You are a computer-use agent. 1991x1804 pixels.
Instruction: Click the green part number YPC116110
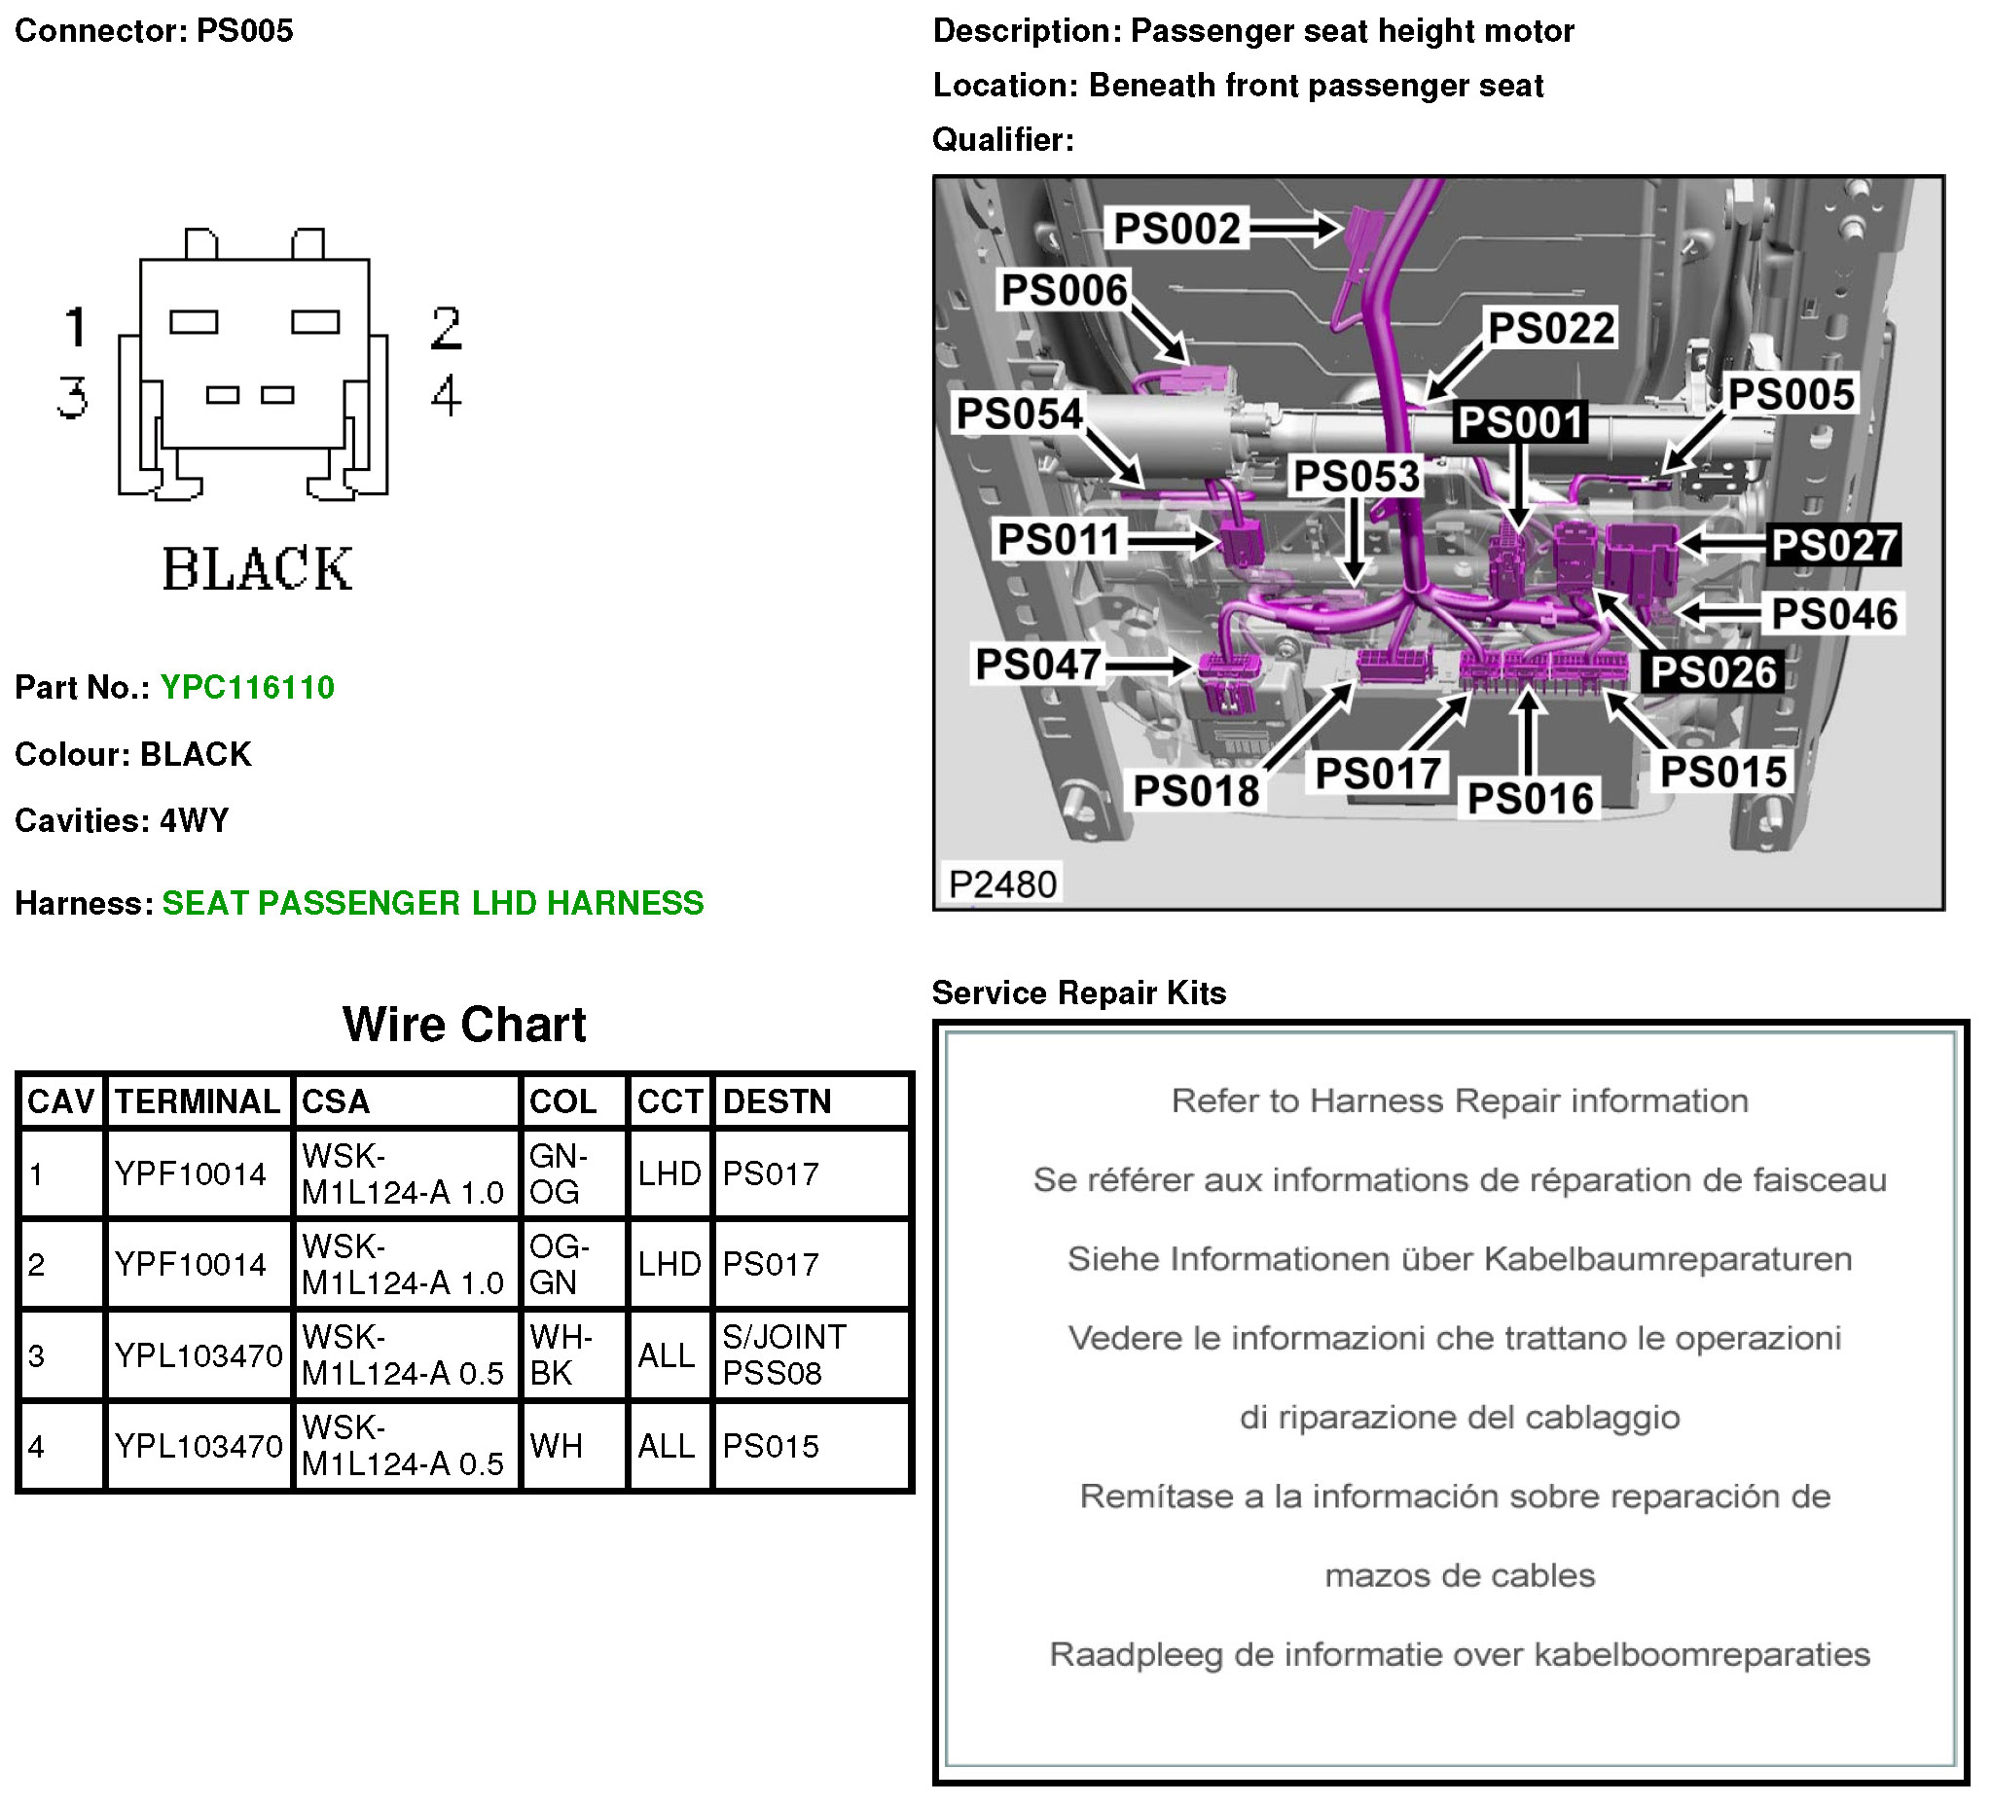click(x=247, y=687)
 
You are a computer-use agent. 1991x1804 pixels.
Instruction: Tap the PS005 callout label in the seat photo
click(x=1791, y=394)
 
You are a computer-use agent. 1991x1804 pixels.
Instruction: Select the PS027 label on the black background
click(x=1834, y=545)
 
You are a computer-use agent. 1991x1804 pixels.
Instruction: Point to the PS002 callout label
click(x=1176, y=228)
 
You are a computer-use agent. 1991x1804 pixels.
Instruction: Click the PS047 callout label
click(x=1038, y=665)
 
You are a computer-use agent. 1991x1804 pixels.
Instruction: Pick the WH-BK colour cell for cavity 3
click(x=560, y=1354)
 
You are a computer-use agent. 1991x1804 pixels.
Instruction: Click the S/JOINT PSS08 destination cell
click(x=784, y=1354)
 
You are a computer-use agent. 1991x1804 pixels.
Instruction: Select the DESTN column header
click(x=777, y=1100)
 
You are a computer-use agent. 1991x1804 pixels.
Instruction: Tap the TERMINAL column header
click(x=198, y=1100)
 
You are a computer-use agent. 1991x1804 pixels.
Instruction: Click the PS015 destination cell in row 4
click(x=771, y=1446)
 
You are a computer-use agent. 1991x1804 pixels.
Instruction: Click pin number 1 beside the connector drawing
click(x=76, y=327)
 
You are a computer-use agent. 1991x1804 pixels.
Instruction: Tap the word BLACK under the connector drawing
click(x=257, y=569)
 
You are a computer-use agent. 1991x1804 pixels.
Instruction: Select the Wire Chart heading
click(x=464, y=1024)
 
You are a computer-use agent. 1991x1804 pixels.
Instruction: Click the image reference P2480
click(x=1002, y=884)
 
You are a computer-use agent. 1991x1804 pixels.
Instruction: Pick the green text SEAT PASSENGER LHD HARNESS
click(x=433, y=903)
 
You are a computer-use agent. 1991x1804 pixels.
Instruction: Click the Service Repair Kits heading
click(x=1078, y=992)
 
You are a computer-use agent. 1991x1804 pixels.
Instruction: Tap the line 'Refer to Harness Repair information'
click(x=1459, y=1100)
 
